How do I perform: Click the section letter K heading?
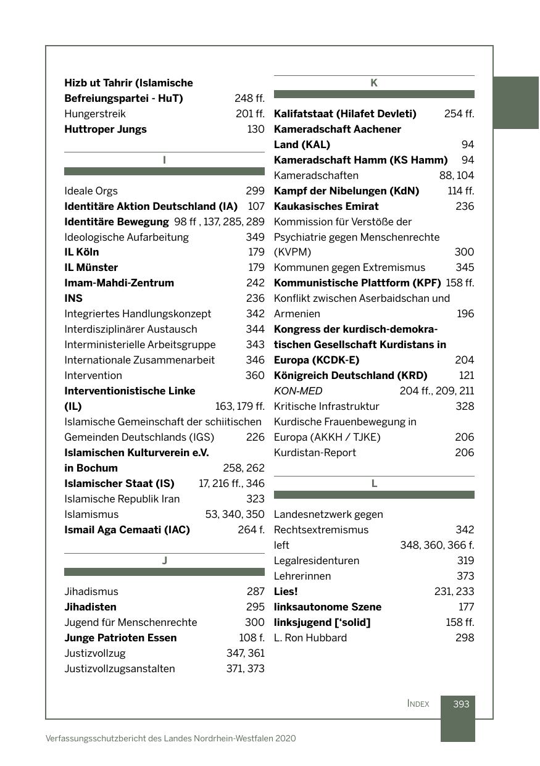[373, 83]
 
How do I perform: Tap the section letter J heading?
[164, 560]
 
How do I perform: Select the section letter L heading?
[373, 483]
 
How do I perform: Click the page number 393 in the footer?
[460, 704]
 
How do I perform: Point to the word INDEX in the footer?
[418, 704]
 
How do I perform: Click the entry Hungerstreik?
[95, 114]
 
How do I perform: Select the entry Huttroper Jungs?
[106, 129]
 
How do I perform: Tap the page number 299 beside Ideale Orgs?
[255, 191]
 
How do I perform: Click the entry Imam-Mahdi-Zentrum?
[119, 283]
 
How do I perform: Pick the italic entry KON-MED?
[298, 391]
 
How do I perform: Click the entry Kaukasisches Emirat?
[326, 206]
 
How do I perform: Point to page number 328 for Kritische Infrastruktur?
[464, 406]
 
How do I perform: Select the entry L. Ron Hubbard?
[310, 638]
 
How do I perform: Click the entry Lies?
[286, 591]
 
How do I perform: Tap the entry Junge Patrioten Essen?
[120, 638]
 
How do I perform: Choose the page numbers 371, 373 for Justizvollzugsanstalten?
[245, 668]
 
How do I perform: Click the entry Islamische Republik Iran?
[122, 499]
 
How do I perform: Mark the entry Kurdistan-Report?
[315, 452]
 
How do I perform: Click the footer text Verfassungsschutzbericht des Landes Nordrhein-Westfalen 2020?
[170, 738]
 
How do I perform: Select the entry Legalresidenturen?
[317, 560]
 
